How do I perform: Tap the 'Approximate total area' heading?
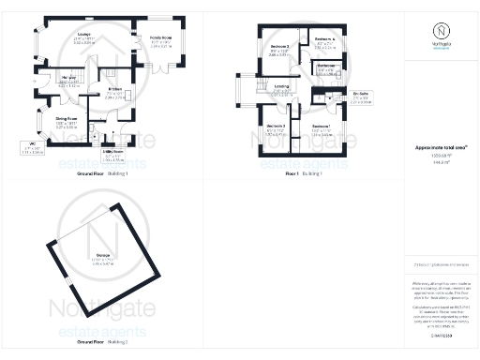(442, 148)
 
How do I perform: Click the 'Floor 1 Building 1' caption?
(305, 173)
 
